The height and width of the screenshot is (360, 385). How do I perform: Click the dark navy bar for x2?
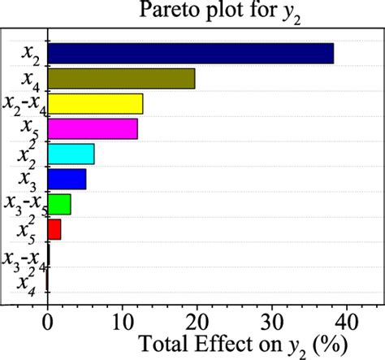click(191, 53)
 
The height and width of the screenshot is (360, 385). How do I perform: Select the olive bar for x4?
click(121, 78)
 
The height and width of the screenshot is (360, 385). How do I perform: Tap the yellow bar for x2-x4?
click(95, 103)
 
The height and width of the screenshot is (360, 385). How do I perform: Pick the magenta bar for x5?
click(93, 128)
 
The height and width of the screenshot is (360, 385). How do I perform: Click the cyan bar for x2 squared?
click(71, 154)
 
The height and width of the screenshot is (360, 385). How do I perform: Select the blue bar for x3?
click(67, 179)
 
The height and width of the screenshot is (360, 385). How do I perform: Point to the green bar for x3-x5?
click(59, 204)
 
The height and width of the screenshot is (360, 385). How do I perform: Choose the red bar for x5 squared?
click(54, 229)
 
